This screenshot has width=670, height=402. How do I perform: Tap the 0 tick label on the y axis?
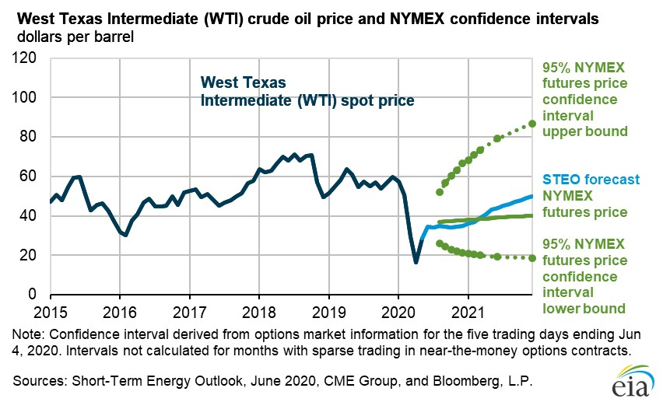[35, 295]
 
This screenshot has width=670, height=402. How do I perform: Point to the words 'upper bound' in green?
[584, 131]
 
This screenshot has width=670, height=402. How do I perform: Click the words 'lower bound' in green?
[584, 309]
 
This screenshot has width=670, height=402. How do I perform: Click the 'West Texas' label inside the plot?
[244, 82]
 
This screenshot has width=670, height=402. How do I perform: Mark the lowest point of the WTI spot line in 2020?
[416, 262]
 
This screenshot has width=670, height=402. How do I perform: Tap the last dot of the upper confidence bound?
[532, 124]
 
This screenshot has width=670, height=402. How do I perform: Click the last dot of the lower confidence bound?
[532, 258]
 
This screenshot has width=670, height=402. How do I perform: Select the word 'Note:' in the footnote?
[26, 334]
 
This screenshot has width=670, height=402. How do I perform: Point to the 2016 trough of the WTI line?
[126, 234]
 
